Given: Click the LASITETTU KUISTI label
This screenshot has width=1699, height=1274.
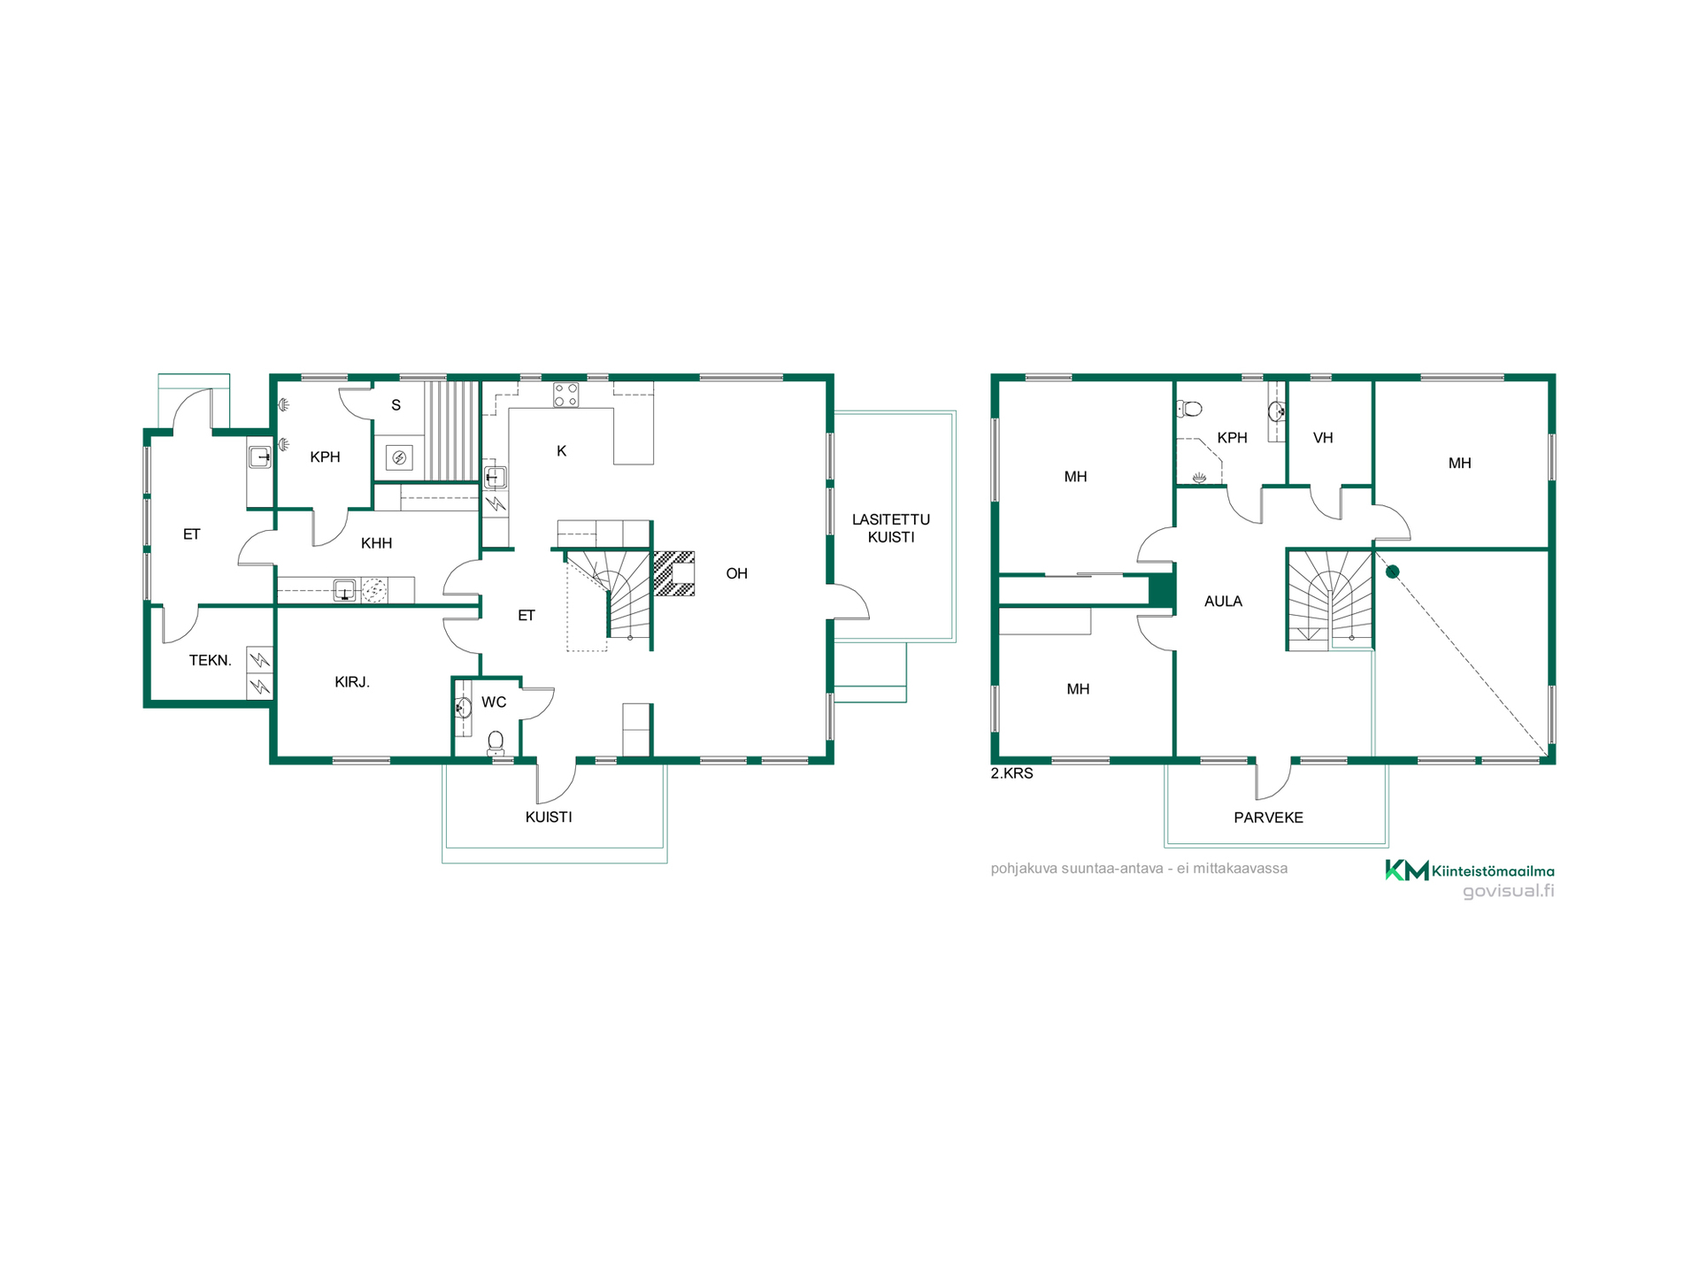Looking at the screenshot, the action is point(890,528).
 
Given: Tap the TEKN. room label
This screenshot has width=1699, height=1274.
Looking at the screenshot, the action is point(211,660).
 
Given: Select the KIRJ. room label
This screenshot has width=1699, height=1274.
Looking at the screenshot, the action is point(352,682).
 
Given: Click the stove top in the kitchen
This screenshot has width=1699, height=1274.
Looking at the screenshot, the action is point(566,395).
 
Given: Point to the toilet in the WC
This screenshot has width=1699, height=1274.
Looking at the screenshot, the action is point(496,741).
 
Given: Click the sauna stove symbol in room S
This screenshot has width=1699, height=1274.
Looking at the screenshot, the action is point(399,457).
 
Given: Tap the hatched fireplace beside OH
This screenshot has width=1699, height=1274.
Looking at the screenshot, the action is point(673,573).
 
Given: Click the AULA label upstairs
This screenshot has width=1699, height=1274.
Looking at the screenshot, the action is point(1223,602).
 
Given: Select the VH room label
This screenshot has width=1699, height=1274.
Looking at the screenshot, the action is point(1323,438).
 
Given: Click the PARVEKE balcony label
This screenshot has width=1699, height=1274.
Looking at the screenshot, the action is point(1268,817).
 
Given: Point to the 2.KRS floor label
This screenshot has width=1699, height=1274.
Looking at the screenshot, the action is point(1011,773).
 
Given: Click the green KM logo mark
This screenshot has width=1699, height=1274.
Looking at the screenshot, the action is point(1406,871).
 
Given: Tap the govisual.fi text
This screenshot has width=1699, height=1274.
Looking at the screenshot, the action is point(1508,891).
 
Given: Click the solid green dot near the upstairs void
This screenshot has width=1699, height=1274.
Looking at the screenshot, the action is point(1392,572).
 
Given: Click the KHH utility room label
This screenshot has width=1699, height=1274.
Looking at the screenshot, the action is point(376,543).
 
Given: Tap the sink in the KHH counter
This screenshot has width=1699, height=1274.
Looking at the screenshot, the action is point(344,590).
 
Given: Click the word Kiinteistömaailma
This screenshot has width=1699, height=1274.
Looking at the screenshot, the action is point(1493,871).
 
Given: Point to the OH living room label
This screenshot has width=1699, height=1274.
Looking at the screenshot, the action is point(736,573).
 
